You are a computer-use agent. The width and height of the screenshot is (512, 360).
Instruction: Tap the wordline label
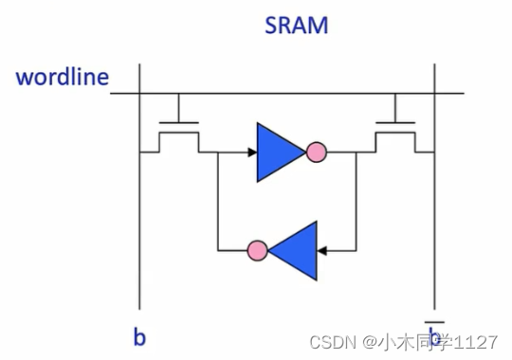pos(62,78)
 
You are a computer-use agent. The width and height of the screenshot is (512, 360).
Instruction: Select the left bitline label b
pos(139,336)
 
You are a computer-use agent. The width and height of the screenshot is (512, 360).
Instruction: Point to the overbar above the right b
pos(435,321)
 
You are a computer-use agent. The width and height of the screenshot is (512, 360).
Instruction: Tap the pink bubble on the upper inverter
pos(316,151)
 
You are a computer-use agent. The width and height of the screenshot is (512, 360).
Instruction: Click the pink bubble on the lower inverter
pos(256,251)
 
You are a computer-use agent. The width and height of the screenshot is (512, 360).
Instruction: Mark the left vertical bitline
pos(140,218)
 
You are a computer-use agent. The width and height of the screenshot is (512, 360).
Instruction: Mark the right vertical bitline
pos(435,218)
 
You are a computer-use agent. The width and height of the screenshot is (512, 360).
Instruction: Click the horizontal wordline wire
pos(284,94)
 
